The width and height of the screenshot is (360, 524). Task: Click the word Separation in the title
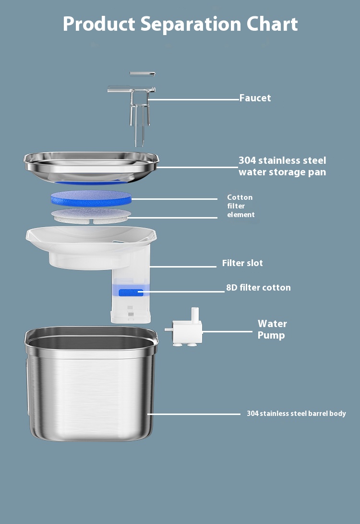[x=191, y=24]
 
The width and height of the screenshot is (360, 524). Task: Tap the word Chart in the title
[x=272, y=24]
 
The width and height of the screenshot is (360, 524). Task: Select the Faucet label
[x=255, y=98]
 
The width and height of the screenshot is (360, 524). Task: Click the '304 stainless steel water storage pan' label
[x=282, y=166]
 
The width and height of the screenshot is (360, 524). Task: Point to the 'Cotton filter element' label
[x=240, y=206]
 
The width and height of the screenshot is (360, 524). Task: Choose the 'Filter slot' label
[x=242, y=263]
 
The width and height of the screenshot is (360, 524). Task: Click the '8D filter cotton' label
[x=258, y=287]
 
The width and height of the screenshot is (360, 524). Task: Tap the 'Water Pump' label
[x=272, y=329]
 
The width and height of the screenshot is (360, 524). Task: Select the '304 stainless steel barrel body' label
[x=296, y=414]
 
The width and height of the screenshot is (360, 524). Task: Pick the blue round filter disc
[x=91, y=198]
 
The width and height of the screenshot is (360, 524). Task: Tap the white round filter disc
[x=91, y=216]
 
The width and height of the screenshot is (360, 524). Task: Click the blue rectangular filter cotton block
[x=131, y=293]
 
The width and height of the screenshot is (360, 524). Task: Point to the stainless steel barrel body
[x=91, y=384]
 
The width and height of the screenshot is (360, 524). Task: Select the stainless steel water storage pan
[x=91, y=167]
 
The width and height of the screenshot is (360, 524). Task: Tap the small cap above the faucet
[x=143, y=74]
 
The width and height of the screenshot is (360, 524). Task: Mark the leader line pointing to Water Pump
[x=228, y=331]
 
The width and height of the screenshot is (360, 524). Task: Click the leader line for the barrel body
[x=194, y=414]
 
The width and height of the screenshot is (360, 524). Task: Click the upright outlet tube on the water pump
[x=195, y=315]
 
